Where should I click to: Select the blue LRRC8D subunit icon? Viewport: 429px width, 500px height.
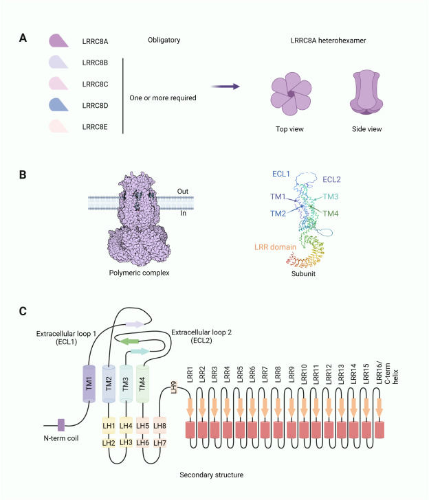coord(60,105)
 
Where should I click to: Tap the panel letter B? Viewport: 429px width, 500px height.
coord(23,175)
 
